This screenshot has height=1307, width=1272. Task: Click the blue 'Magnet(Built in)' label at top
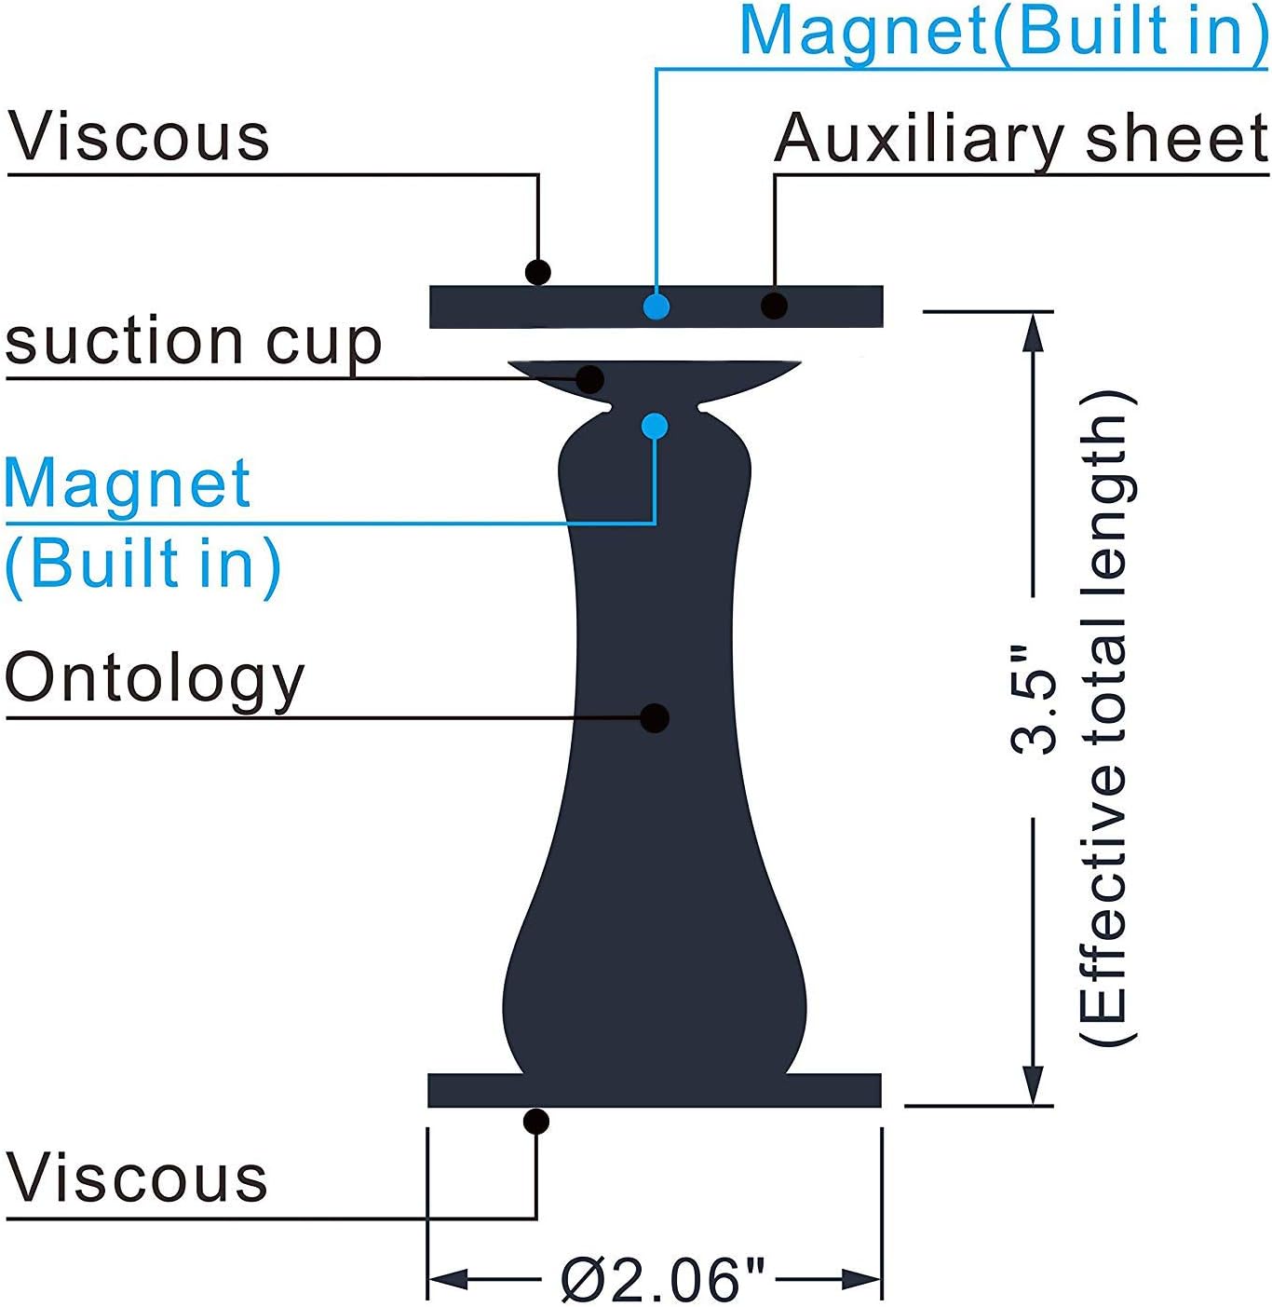pyautogui.click(x=1004, y=32)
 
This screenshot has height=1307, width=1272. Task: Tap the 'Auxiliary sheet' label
pyautogui.click(x=1021, y=140)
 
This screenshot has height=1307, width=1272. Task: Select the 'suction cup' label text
pyautogui.click(x=194, y=342)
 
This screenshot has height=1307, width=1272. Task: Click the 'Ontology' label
pyautogui.click(x=155, y=679)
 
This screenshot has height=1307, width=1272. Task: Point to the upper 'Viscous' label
pyautogui.click(x=140, y=137)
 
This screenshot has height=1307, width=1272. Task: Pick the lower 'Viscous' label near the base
pyautogui.click(x=138, y=1178)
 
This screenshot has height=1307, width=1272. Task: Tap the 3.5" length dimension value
pyautogui.click(x=1034, y=699)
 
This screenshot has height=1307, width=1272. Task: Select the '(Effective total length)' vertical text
pyautogui.click(x=1106, y=717)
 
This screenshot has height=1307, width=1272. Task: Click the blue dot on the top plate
pyautogui.click(x=656, y=306)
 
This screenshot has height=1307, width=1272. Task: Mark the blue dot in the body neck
pyautogui.click(x=655, y=427)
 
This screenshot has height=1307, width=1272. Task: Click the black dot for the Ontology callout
pyautogui.click(x=655, y=717)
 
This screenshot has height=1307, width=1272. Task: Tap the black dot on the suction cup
pyautogui.click(x=590, y=379)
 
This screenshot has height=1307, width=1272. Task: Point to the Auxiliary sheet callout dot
pyautogui.click(x=774, y=305)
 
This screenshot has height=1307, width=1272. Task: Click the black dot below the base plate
pyautogui.click(x=536, y=1122)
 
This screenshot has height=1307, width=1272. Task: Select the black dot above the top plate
pyautogui.click(x=537, y=272)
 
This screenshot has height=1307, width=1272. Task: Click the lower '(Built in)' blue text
pyautogui.click(x=142, y=565)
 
